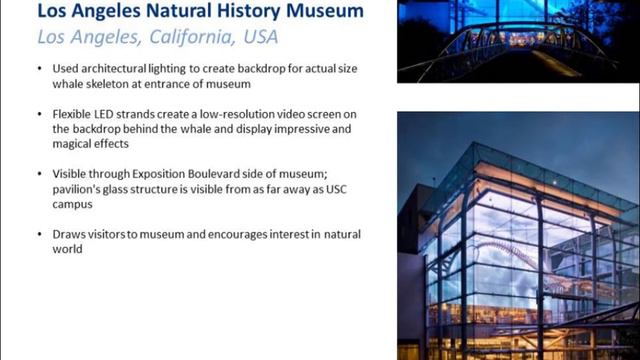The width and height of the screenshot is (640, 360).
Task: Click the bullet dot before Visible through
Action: pos(40,175)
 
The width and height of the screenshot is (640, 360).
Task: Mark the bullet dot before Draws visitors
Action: pos(40,235)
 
